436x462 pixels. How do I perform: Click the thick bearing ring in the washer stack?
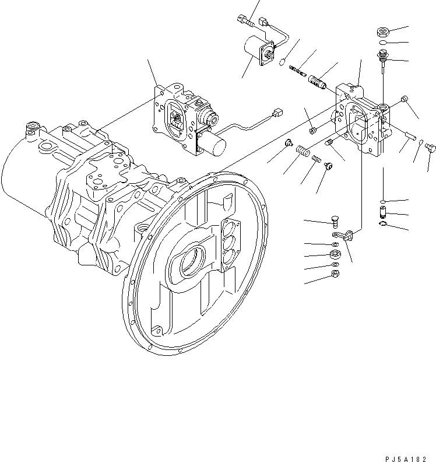click(335, 254)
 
